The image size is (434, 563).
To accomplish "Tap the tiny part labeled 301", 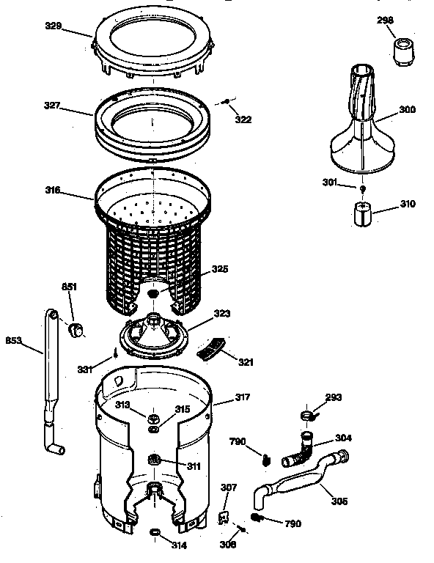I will (361, 189).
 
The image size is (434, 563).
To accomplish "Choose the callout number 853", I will (14, 339).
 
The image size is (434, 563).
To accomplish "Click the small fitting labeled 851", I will (74, 328).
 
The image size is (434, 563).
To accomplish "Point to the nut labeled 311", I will (154, 460).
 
